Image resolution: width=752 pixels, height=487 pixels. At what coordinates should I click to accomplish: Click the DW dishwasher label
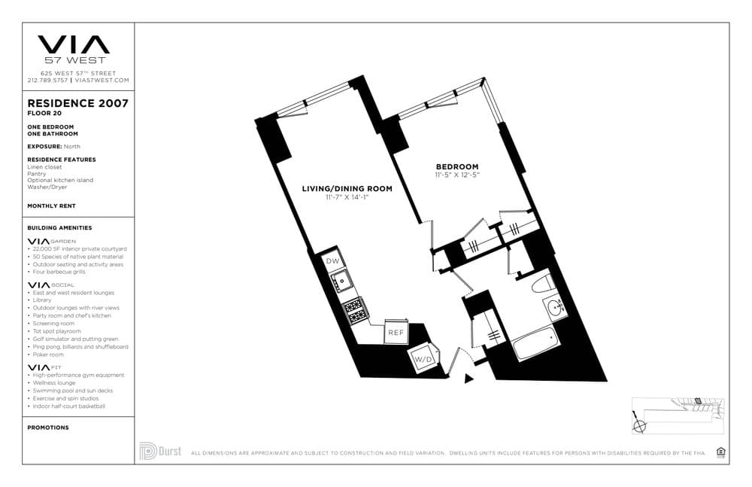(x=333, y=261)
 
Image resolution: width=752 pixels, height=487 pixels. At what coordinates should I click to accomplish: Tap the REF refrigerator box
(x=396, y=332)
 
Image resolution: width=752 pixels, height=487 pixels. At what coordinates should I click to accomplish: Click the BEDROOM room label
(x=457, y=166)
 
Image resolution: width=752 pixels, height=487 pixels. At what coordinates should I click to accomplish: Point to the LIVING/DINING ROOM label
(x=347, y=189)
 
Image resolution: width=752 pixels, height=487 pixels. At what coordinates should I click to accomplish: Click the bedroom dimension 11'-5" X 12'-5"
(x=457, y=175)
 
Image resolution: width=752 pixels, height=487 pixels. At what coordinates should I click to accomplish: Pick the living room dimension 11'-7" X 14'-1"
(x=347, y=197)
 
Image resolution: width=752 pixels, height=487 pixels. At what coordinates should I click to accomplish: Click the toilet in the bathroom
(x=541, y=285)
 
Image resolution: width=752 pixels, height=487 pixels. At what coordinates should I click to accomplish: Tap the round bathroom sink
(x=556, y=308)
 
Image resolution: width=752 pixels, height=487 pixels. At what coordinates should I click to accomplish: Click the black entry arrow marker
(x=469, y=379)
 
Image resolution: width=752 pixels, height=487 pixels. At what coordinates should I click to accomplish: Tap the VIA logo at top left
(x=74, y=44)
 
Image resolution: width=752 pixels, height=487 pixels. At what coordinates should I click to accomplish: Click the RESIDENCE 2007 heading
(x=77, y=103)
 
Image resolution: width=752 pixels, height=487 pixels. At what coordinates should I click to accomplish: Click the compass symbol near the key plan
(x=640, y=425)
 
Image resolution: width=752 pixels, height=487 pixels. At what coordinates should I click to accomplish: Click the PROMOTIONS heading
(x=48, y=428)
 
